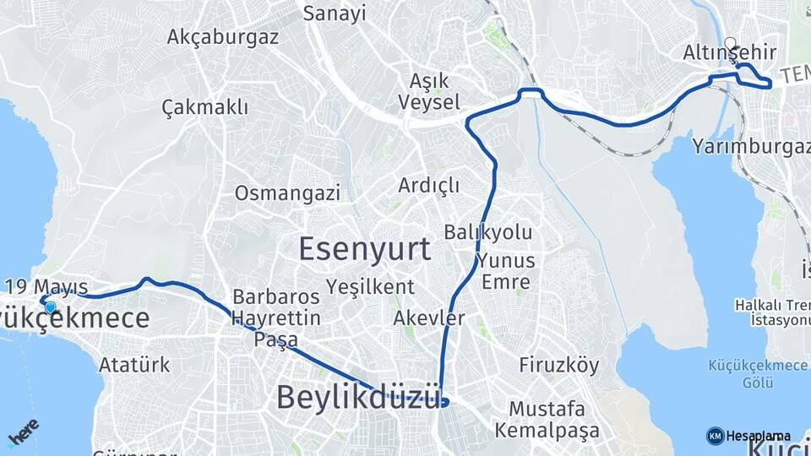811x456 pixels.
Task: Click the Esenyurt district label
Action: point(364,249)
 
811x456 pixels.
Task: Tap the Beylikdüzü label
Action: point(360,396)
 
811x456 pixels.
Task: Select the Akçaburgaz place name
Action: point(222,37)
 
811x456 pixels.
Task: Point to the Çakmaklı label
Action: point(204,107)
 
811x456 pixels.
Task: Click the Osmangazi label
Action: point(287,193)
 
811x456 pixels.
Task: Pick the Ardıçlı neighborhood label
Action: point(428,184)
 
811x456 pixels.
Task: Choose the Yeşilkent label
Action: point(372,286)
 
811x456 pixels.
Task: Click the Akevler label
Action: point(428,318)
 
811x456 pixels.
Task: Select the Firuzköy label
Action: point(558,366)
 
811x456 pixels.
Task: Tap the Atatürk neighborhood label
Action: point(134,366)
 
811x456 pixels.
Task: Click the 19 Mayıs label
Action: point(46,285)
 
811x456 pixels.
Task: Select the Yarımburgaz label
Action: point(745,147)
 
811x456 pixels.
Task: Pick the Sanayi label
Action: point(335,14)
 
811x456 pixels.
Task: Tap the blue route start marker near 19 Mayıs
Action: point(51,308)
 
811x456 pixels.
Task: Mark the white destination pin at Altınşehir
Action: point(730,44)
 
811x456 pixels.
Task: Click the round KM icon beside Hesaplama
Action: point(715,435)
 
